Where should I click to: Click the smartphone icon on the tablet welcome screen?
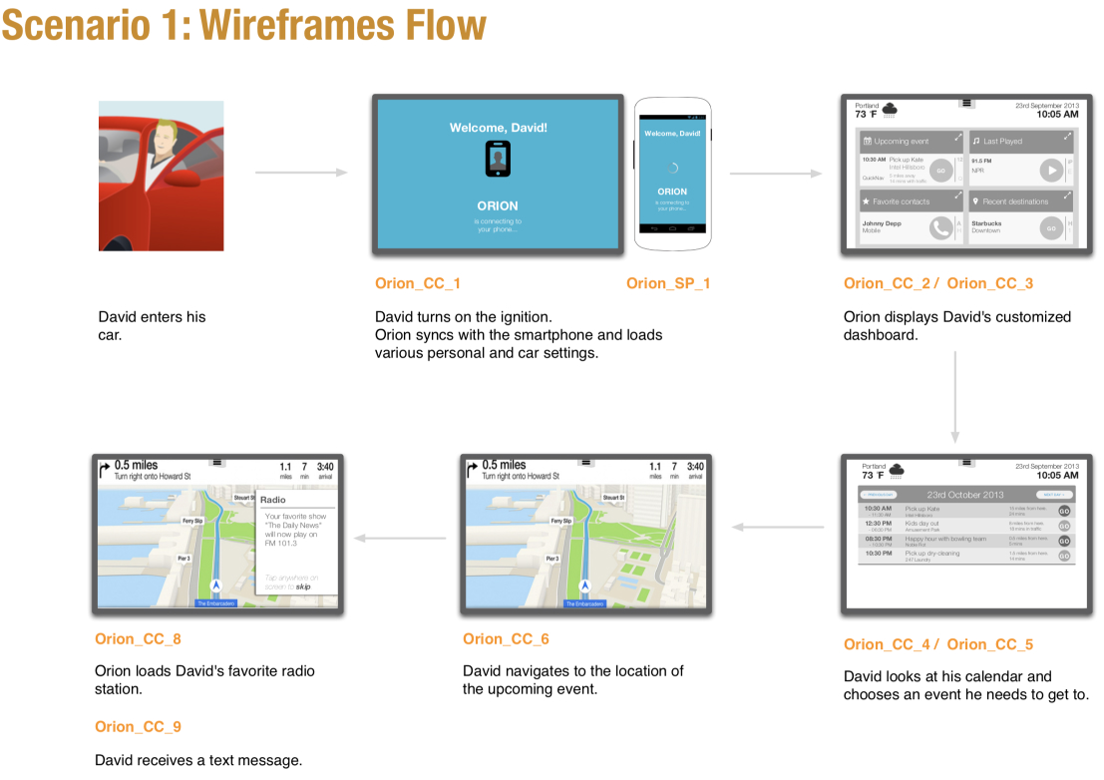point(498,159)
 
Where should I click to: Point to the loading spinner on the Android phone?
point(672,169)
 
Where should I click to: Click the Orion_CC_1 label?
point(418,283)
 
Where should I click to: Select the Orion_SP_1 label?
point(668,283)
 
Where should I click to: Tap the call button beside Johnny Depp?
point(940,227)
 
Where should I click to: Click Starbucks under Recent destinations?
point(986,223)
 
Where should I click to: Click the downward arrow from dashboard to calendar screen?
point(954,395)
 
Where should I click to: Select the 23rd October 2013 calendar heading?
point(964,495)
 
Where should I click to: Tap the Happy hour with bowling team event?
point(944,539)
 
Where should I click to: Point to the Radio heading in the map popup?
point(273,500)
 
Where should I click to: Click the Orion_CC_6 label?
point(506,639)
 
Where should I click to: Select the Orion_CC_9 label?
point(138,727)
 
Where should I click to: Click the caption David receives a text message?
point(197,760)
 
